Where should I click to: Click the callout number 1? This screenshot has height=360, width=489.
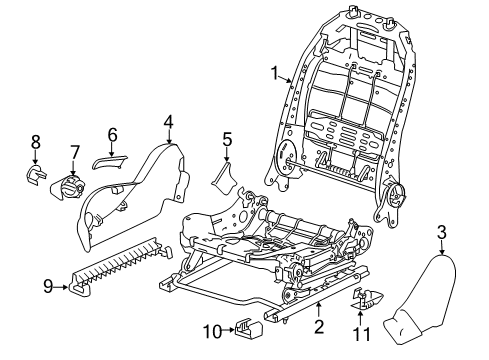(272, 72)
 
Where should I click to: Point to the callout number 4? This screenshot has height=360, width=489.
(168, 123)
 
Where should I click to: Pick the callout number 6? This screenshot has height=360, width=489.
(112, 133)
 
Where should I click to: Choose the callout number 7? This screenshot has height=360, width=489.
(74, 151)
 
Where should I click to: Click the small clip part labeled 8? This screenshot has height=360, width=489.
(36, 177)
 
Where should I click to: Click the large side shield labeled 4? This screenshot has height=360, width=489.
(145, 190)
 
